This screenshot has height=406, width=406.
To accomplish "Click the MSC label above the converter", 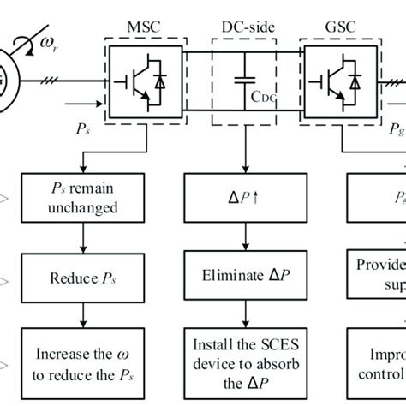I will (145, 30).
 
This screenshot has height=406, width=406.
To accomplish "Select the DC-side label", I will (245, 30).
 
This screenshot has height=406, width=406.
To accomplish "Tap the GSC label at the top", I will (344, 30).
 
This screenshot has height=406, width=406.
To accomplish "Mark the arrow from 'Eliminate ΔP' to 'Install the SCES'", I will (244, 306).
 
